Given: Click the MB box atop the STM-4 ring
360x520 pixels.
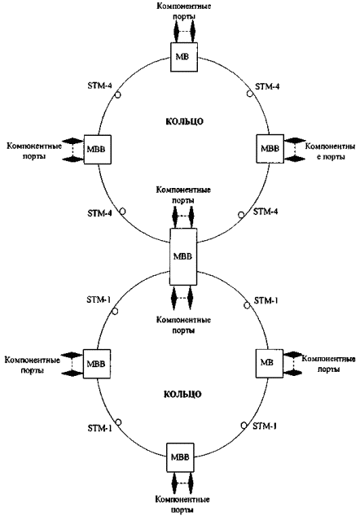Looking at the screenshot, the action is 184,57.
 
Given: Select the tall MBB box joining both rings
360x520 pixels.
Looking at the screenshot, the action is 183,256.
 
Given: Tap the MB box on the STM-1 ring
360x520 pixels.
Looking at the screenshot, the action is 269,363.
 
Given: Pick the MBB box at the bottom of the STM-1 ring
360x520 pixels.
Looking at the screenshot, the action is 180,457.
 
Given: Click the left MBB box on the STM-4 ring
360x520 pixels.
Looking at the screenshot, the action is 97,149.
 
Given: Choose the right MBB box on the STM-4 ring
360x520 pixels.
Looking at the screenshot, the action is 270,148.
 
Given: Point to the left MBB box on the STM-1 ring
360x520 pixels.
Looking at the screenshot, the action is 96,364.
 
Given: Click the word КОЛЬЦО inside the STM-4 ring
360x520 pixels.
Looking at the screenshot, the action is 184,121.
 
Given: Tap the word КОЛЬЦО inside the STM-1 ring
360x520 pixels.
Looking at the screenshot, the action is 182,395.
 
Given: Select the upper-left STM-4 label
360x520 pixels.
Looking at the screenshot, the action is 99,85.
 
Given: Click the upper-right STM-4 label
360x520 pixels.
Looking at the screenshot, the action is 267,86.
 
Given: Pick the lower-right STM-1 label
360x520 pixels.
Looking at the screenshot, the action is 265,426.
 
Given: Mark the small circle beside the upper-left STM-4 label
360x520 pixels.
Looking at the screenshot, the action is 118,95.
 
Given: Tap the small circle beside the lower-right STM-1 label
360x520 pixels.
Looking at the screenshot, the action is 244,425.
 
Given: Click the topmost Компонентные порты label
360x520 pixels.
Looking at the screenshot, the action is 184,11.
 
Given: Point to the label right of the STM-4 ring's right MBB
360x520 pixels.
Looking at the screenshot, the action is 330,151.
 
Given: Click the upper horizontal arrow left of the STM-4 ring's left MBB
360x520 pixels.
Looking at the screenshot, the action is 72,141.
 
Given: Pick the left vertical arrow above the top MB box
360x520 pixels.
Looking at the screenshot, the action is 177,32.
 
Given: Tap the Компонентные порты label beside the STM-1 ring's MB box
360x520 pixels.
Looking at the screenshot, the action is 328,364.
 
